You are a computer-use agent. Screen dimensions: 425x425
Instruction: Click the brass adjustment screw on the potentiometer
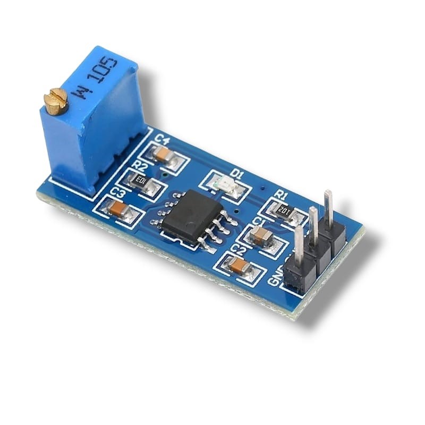(x=55, y=101)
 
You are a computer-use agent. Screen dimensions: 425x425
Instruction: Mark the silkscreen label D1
(x=237, y=174)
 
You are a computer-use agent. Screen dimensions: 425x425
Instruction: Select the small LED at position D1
(x=223, y=184)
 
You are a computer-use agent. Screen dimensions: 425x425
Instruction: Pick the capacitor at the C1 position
(x=261, y=234)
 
